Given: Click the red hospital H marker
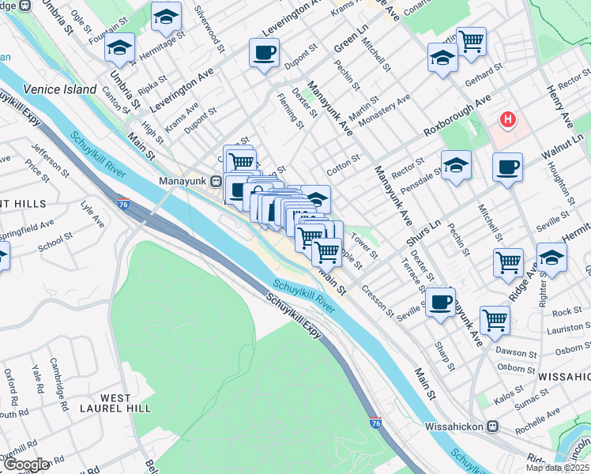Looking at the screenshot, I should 507,121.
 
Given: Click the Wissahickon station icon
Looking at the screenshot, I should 492,427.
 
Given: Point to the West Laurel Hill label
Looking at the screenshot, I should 127,401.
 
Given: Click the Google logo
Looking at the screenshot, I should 26,465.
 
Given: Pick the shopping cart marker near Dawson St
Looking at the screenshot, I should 495,320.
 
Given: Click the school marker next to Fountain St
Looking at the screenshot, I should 119,47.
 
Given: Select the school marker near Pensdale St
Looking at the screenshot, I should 456,165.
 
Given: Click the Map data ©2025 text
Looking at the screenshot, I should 557,468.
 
